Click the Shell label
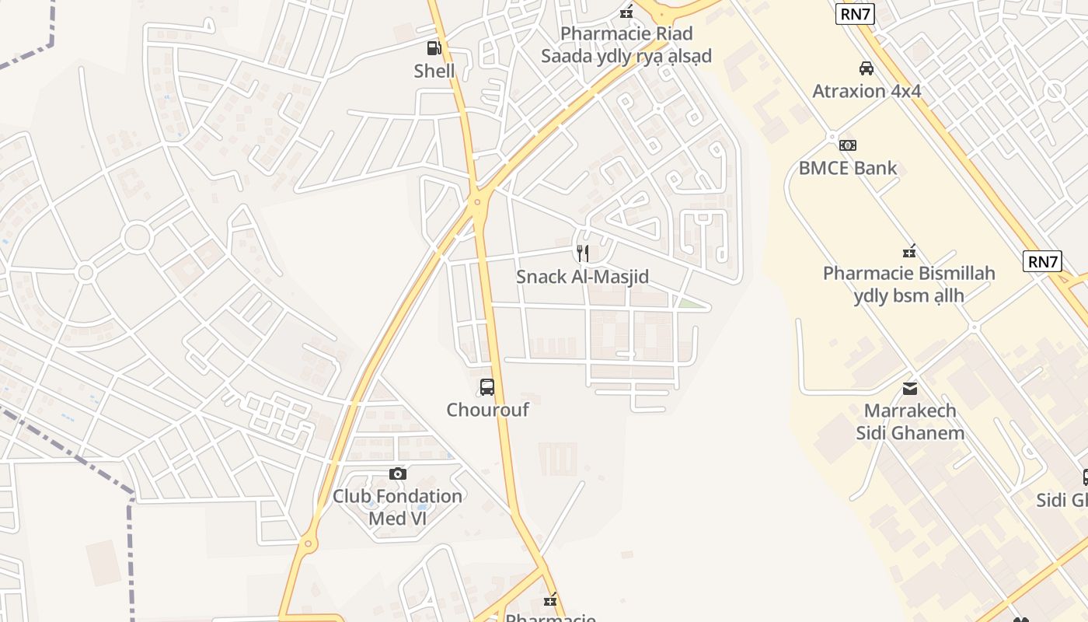(x=434, y=72)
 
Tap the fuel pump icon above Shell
(x=434, y=48)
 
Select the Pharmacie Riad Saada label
(x=626, y=45)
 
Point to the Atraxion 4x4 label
(x=867, y=91)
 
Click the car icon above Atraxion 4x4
(x=867, y=68)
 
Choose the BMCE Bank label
(x=848, y=168)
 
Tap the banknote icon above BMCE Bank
(x=848, y=145)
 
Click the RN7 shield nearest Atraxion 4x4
(x=855, y=14)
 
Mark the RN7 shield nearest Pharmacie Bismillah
(x=1043, y=261)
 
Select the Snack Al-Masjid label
(x=582, y=277)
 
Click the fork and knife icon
(x=583, y=253)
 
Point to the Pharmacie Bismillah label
(x=908, y=285)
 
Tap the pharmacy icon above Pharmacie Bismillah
(x=908, y=251)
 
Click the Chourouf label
(x=487, y=410)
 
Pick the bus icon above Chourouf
(x=487, y=386)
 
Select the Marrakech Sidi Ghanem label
(x=910, y=421)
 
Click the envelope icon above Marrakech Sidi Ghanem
(x=910, y=388)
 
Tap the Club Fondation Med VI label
(x=397, y=507)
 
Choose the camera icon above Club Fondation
(x=397, y=473)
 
